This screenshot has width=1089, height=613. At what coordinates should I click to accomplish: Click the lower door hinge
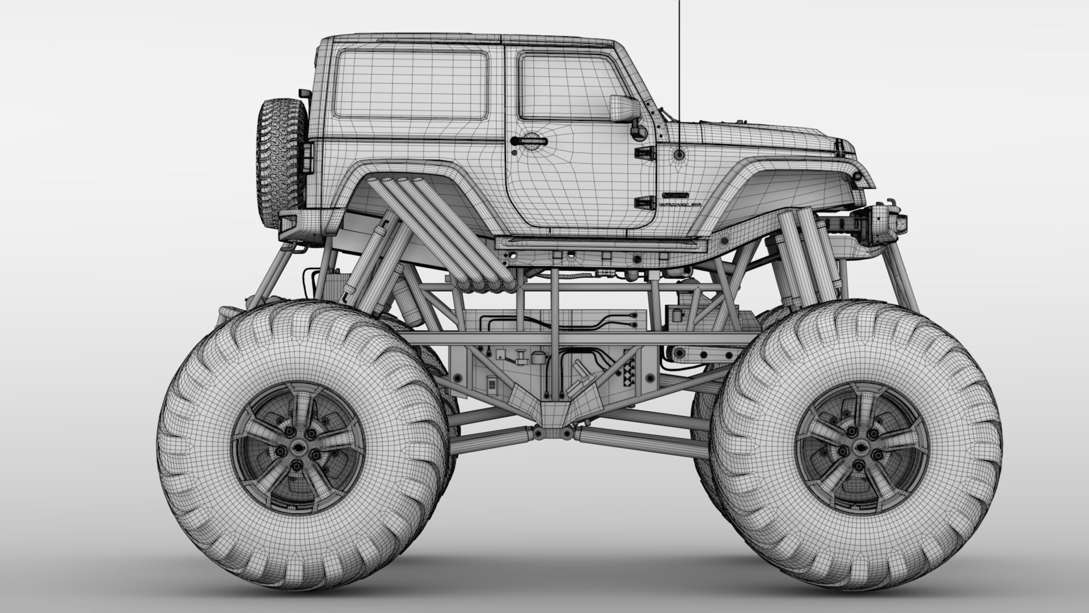click(643, 201)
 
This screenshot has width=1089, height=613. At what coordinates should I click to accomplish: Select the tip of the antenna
click(679, 2)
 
